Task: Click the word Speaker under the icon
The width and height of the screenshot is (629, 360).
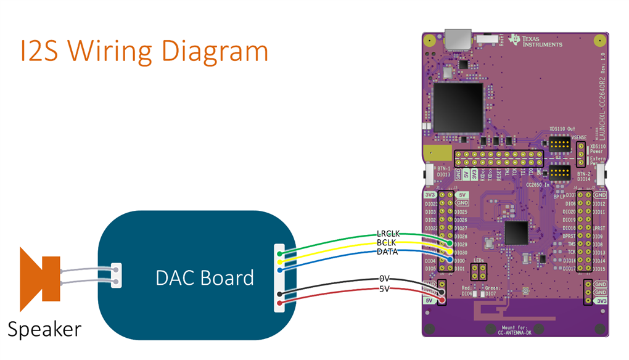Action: pos(44,329)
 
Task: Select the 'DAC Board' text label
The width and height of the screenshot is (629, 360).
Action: pos(205,277)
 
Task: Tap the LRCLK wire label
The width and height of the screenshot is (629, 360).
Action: pos(388,234)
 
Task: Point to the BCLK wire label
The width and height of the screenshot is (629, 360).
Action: pos(387,243)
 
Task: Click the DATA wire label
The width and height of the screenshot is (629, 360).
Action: pos(387,252)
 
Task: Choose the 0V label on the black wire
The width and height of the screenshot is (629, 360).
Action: pos(385,279)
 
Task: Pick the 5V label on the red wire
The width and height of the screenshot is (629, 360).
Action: pos(385,288)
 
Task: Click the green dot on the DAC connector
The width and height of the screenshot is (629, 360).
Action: pos(280,253)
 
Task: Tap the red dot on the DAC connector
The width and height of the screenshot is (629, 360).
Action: pos(280,303)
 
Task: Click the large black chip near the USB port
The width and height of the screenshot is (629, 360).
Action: pos(457,105)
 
